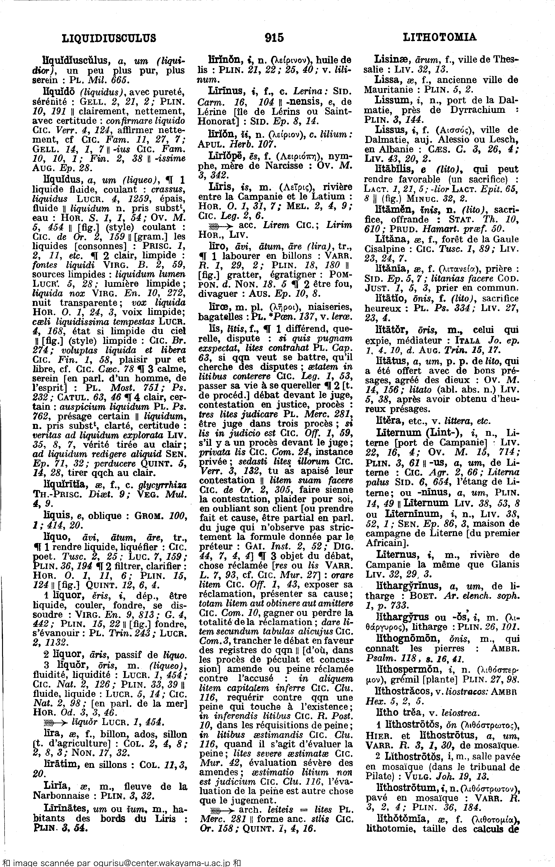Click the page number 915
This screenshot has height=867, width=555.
coord(274,37)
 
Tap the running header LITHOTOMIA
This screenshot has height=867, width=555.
coord(439,37)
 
